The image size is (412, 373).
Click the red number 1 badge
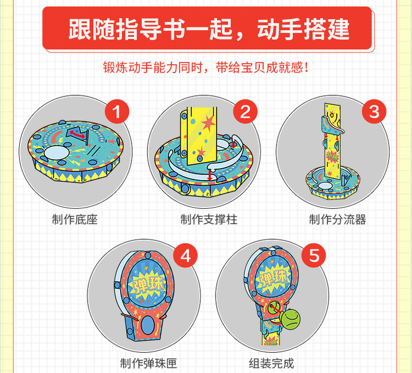click(117, 112)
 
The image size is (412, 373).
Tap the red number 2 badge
click(246, 112)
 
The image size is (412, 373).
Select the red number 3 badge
click(374, 112)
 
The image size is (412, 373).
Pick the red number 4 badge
click(186, 255)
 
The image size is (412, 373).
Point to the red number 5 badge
click(314, 255)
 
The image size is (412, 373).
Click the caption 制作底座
click(74, 220)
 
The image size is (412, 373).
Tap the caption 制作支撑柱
click(209, 220)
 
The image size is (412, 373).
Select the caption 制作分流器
click(338, 220)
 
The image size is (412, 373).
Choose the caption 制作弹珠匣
click(148, 363)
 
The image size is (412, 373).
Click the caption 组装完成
click(271, 363)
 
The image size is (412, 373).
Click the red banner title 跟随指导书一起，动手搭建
click(209, 29)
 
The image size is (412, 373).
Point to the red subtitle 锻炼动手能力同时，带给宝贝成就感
click(205, 68)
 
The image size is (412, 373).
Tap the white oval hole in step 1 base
click(56, 152)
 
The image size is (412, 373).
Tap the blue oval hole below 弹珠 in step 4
click(148, 325)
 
